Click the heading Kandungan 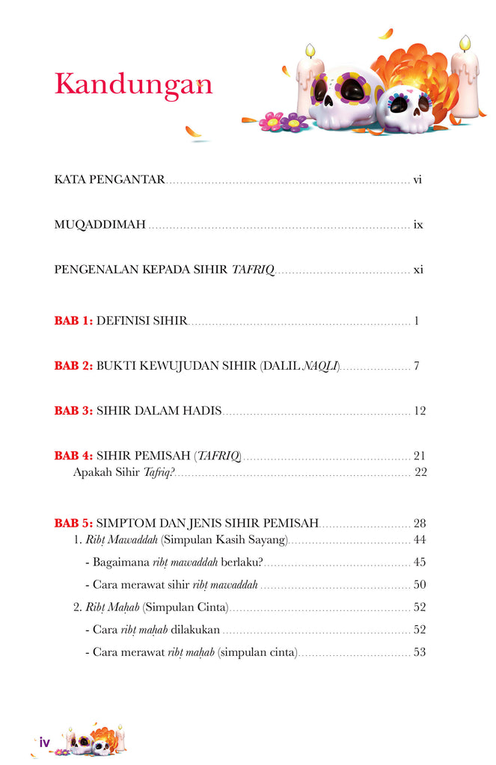click(133, 84)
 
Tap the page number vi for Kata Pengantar click(418, 179)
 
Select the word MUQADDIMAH click(99, 224)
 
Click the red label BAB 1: click(73, 321)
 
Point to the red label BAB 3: click(73, 411)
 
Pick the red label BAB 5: click(73, 523)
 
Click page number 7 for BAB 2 click(416, 366)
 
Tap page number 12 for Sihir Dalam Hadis click(419, 411)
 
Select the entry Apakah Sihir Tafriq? click(123, 472)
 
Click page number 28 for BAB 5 click(419, 523)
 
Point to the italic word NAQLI click(320, 366)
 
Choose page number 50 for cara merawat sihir click(419, 584)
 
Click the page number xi click(418, 269)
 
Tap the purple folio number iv click(44, 742)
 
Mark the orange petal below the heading click(193, 132)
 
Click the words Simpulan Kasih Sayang click(224, 539)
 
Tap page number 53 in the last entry click(419, 652)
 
